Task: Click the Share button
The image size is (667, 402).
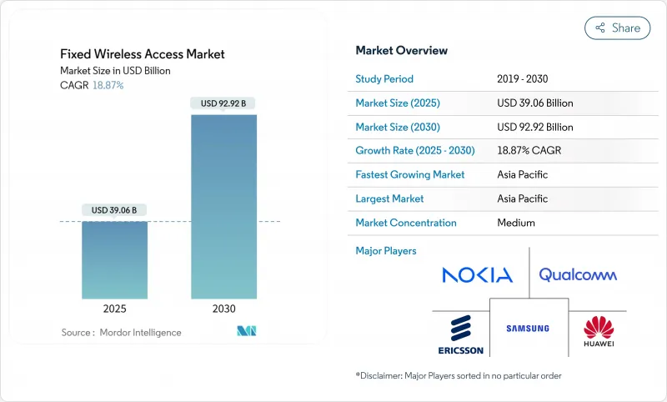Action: pyautogui.click(x=617, y=28)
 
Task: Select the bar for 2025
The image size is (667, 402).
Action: pyautogui.click(x=114, y=259)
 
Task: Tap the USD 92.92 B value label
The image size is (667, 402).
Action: pyautogui.click(x=223, y=103)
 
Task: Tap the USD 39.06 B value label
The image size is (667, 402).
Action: pyautogui.click(x=114, y=210)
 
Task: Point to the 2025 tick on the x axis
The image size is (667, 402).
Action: pyautogui.click(x=114, y=309)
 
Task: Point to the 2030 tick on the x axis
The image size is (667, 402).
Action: pyautogui.click(x=223, y=309)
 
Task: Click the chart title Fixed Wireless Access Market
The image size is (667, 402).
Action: pyautogui.click(x=143, y=54)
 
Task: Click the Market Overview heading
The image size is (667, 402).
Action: pyautogui.click(x=402, y=51)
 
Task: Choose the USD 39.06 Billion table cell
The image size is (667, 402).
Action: pyautogui.click(x=534, y=103)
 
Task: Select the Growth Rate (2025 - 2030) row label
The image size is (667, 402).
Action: pyautogui.click(x=414, y=151)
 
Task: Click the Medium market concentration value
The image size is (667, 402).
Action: pyautogui.click(x=516, y=223)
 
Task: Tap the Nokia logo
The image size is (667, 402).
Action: pyautogui.click(x=477, y=274)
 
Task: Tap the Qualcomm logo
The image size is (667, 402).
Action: pyautogui.click(x=578, y=274)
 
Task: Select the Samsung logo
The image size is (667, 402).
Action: pyautogui.click(x=528, y=328)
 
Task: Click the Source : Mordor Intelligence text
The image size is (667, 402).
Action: pyautogui.click(x=121, y=333)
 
